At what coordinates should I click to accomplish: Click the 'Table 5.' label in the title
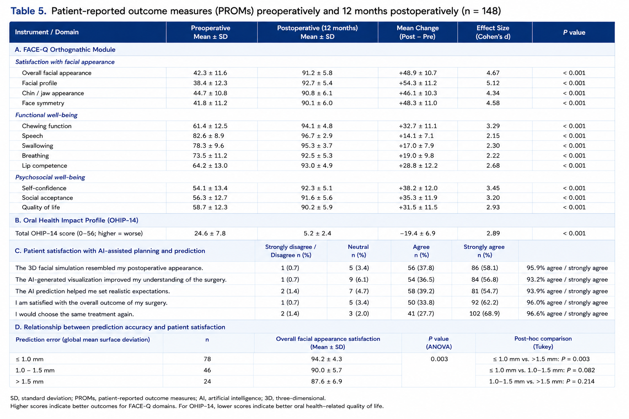click(28, 11)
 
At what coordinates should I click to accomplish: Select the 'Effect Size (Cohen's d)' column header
click(493, 32)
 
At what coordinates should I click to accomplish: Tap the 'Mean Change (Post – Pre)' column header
click(418, 32)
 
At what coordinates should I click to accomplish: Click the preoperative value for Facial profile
click(210, 83)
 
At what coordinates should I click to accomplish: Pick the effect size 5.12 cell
click(493, 83)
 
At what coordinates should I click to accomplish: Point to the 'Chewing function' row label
click(47, 126)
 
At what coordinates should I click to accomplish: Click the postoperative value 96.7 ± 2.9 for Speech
click(317, 136)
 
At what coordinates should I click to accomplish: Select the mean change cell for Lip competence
click(418, 166)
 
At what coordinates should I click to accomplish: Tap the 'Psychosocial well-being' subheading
click(50, 177)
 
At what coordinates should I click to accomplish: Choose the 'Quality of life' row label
click(41, 207)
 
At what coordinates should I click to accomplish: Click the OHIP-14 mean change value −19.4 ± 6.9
click(418, 234)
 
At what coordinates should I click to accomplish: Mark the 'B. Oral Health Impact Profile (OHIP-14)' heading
click(77, 220)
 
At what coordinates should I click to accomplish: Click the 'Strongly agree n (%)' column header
click(484, 251)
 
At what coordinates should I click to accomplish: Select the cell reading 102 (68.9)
click(484, 313)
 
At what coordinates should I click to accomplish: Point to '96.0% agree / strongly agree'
click(567, 302)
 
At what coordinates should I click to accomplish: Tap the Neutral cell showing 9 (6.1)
click(359, 279)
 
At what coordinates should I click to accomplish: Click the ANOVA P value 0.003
click(439, 359)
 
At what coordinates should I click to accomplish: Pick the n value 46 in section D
click(207, 370)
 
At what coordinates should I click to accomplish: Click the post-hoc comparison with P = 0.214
click(542, 381)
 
